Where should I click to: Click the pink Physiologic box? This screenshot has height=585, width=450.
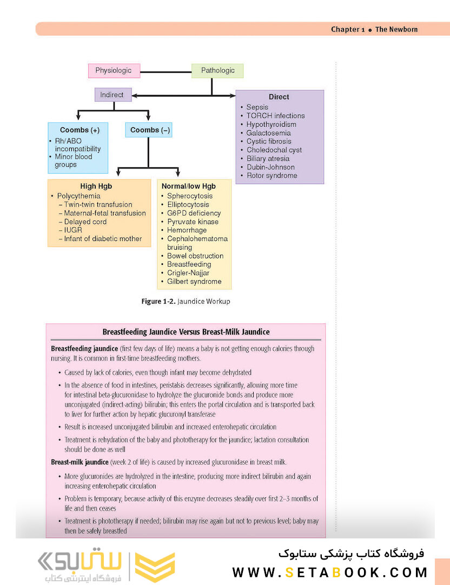(114, 70)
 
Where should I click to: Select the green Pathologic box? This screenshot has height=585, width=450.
(217, 70)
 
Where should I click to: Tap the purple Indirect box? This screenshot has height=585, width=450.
(113, 95)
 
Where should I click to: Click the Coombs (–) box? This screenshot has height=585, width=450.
(149, 130)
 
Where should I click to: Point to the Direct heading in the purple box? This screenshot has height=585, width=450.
(279, 97)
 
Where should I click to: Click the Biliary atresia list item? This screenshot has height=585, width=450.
(268, 159)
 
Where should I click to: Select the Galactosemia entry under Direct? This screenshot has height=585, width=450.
(268, 133)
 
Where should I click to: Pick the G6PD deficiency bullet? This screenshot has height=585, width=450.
(194, 213)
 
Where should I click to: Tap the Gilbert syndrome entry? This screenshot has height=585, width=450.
(194, 281)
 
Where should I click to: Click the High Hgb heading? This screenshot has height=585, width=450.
(96, 186)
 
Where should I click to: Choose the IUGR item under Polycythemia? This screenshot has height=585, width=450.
(72, 230)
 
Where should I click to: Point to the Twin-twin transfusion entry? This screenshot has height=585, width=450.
(98, 204)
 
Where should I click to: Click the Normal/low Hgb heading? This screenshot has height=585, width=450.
(189, 186)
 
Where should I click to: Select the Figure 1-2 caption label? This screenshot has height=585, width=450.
(158, 301)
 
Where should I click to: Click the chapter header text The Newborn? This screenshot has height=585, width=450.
(396, 29)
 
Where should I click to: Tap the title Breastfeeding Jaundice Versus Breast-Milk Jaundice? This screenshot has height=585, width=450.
(186, 331)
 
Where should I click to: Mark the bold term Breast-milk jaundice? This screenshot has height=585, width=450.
(80, 462)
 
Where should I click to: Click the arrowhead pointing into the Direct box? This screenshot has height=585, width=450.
(233, 96)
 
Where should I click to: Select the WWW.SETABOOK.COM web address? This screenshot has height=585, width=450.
(330, 573)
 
